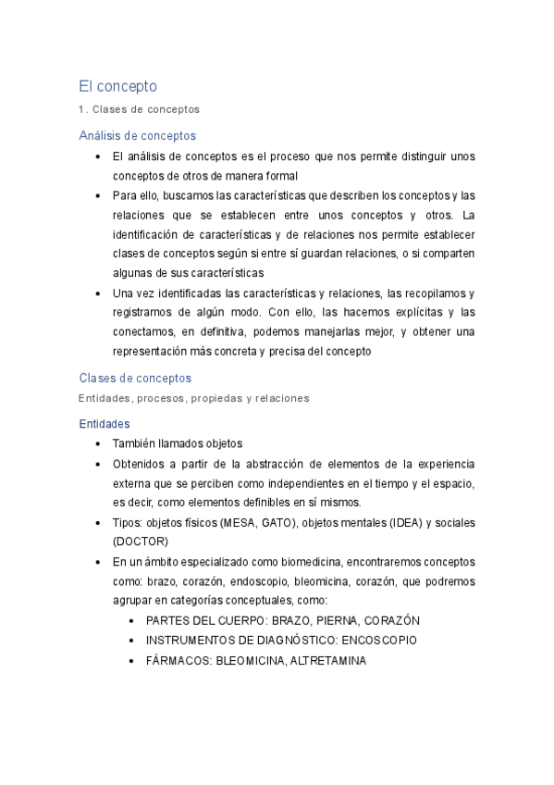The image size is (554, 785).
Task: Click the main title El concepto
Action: pos(118,86)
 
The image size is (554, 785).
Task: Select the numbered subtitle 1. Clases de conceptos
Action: pos(139,109)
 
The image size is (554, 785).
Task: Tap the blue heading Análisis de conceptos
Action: pos(138,135)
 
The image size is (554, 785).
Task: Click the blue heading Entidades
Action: pos(105,423)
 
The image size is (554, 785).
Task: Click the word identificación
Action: pos(151,234)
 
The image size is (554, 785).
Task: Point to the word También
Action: pos(137,443)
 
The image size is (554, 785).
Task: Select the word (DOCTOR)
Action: pos(141,542)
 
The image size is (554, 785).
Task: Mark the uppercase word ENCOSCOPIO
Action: pos(378,640)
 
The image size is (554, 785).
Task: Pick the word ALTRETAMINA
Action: pos(328,660)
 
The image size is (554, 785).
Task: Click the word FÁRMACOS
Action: pos(179,660)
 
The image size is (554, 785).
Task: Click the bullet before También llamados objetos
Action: pos(98,443)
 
